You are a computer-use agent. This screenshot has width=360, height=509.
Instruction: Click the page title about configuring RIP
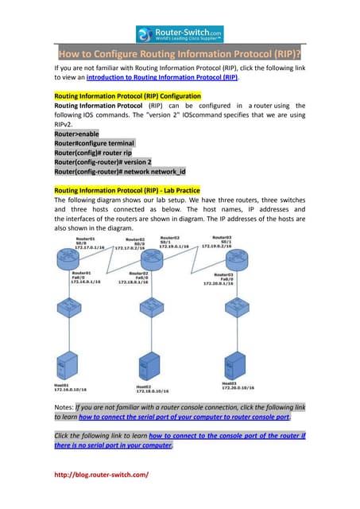[x=180, y=55]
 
